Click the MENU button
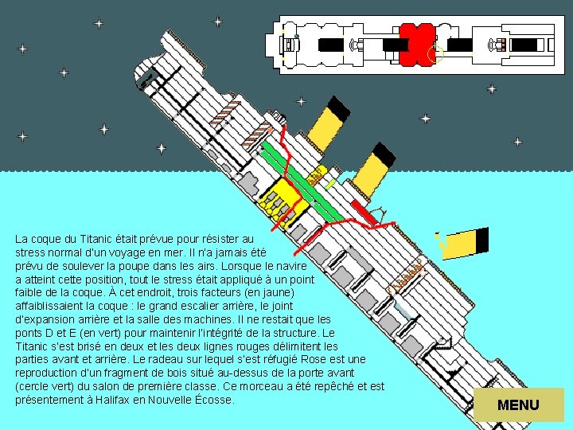click(518, 405)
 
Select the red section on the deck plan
click(416, 45)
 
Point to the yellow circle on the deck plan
click(435, 54)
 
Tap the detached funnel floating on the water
click(466, 241)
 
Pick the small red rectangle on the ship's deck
click(364, 213)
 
